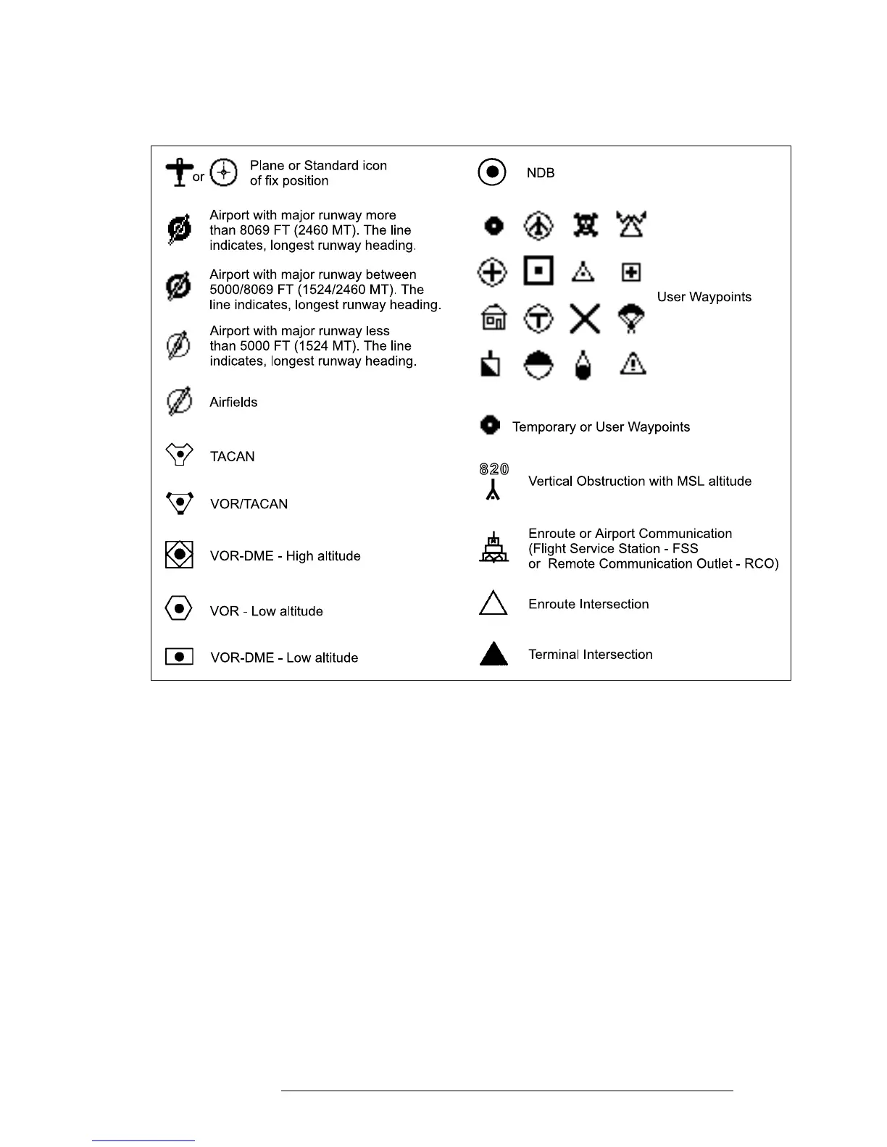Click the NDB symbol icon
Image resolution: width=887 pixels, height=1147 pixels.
point(492,172)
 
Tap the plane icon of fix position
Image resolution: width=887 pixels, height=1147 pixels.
point(179,172)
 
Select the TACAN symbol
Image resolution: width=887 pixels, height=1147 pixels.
point(179,455)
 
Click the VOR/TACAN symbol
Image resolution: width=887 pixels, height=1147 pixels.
point(179,502)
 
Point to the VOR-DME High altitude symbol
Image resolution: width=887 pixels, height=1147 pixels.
point(179,555)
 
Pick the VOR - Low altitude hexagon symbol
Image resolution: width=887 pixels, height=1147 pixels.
point(179,608)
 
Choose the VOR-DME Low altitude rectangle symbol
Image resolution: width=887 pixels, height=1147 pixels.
point(179,656)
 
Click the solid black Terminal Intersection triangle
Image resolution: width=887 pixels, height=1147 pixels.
point(494,654)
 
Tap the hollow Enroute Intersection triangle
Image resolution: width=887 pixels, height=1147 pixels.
point(493,604)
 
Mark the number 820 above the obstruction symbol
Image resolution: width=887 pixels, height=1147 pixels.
point(494,469)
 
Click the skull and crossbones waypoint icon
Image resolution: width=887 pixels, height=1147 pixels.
point(585,225)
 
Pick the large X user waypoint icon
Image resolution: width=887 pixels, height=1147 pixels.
point(584,319)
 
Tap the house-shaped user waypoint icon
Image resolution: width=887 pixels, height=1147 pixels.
point(494,319)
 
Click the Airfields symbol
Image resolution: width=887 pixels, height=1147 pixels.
point(179,401)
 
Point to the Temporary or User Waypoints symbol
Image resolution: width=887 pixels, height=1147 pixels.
point(491,425)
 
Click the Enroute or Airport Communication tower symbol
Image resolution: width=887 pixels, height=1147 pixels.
point(494,548)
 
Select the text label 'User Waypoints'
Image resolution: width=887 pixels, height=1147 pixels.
point(704,297)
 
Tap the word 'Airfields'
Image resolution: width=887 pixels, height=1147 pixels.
point(233,402)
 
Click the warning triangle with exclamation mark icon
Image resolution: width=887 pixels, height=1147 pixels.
point(633,362)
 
